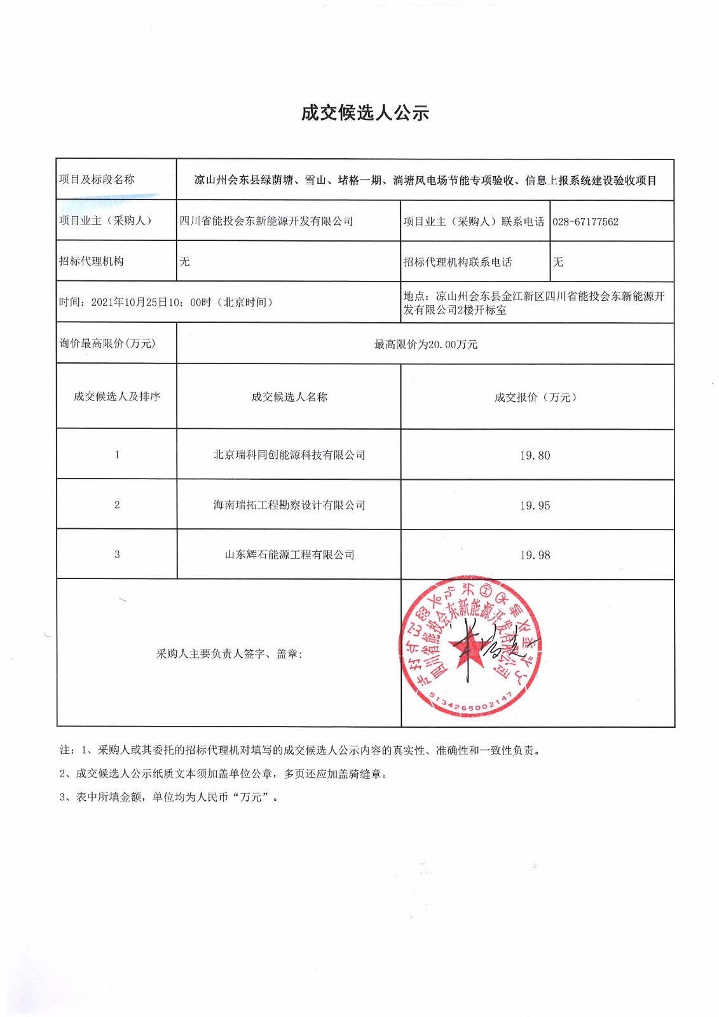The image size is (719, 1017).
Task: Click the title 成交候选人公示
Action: click(x=365, y=113)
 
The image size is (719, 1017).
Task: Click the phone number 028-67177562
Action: click(x=585, y=222)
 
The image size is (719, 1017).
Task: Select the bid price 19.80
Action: click(x=535, y=455)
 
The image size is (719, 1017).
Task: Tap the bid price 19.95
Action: click(x=535, y=505)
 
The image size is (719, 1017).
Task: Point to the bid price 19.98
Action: click(x=535, y=555)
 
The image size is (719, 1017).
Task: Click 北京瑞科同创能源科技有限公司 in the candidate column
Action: click(x=289, y=455)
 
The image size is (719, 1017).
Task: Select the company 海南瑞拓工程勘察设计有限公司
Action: click(x=289, y=505)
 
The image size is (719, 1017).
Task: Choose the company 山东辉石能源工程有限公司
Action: click(x=289, y=555)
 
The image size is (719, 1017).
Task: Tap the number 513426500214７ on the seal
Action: click(x=470, y=704)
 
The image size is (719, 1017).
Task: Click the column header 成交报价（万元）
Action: click(x=535, y=397)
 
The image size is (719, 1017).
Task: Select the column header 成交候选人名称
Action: click(x=289, y=397)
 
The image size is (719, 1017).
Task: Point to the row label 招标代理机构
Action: click(x=92, y=261)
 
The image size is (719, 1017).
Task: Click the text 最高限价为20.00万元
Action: click(x=425, y=345)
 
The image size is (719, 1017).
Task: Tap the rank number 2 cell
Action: click(x=117, y=505)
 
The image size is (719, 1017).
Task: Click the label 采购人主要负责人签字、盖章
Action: click(x=229, y=653)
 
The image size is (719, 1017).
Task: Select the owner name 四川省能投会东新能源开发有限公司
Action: click(x=266, y=221)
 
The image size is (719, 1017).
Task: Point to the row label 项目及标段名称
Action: click(x=97, y=179)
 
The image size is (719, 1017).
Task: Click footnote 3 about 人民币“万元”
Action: click(x=169, y=797)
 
